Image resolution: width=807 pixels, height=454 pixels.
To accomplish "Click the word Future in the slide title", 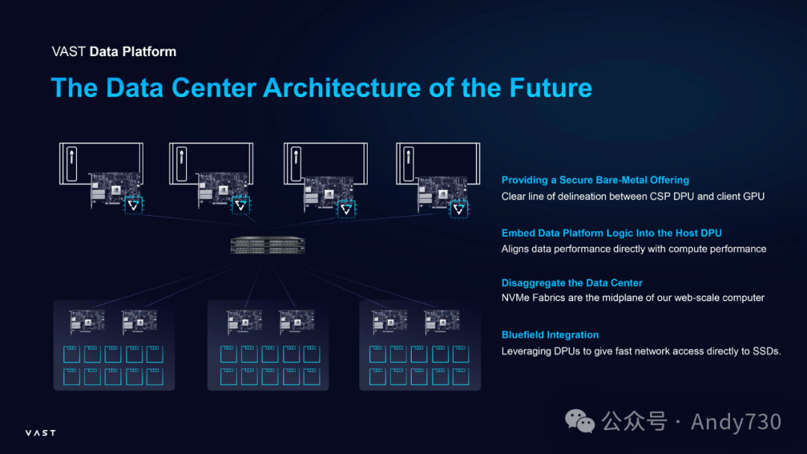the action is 551,88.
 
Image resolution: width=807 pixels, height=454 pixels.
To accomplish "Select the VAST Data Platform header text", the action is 114,52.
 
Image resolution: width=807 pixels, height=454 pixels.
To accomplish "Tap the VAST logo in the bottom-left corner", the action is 40,433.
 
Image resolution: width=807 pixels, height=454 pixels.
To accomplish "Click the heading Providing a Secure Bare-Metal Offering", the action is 595,180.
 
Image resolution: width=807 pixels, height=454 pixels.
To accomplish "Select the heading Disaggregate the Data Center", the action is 572,283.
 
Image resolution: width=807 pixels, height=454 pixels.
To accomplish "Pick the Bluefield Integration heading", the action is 550,335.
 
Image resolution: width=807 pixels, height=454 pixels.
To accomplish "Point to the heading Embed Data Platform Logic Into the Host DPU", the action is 612,233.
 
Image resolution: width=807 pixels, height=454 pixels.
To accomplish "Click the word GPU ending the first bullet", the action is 752,196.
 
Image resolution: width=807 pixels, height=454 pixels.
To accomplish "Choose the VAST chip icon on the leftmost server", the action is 133,204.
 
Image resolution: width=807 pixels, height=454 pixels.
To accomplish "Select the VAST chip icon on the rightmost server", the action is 457,208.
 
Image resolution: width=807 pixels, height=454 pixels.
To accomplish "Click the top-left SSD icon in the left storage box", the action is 72,354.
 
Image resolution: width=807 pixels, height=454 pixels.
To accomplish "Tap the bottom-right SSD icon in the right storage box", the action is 461,376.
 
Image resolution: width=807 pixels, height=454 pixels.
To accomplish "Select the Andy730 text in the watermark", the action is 735,422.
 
